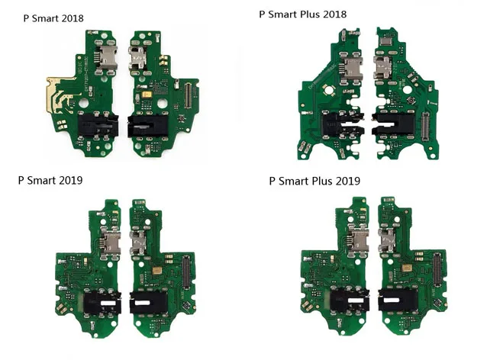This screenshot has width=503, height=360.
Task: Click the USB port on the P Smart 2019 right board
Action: coord(139,245)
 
